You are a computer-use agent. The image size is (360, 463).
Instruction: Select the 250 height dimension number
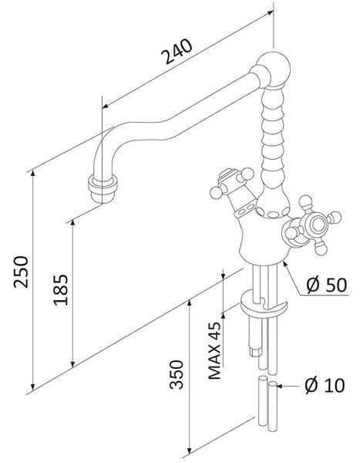[22, 272]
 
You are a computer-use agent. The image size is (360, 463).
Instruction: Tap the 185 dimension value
[60, 289]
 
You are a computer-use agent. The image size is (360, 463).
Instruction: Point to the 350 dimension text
[177, 374]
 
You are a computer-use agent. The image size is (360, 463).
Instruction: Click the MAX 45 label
[214, 350]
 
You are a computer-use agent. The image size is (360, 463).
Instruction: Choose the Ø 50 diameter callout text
[327, 285]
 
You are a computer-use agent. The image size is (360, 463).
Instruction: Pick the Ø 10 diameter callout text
[325, 385]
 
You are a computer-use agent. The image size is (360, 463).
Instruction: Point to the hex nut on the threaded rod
[256, 352]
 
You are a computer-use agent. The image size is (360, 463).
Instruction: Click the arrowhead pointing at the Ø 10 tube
[280, 386]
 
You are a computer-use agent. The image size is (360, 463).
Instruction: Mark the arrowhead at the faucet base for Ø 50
[285, 264]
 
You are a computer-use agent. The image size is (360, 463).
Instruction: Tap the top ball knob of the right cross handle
[305, 202]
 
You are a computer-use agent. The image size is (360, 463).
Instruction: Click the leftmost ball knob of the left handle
[216, 192]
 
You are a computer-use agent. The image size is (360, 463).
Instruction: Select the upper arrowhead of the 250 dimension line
[33, 174]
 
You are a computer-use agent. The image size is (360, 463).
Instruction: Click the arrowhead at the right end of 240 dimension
[270, 12]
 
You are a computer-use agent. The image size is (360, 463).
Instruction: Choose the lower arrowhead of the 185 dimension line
[73, 363]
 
